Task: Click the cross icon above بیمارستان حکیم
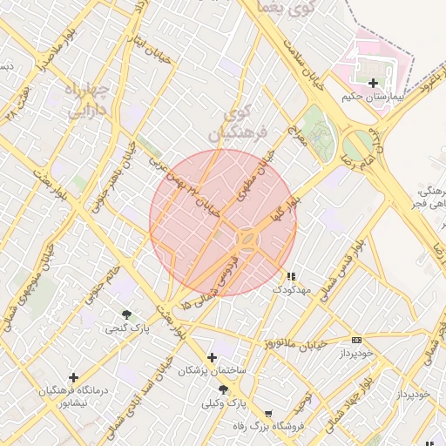374,84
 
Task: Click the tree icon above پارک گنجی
127,314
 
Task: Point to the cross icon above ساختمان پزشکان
212,357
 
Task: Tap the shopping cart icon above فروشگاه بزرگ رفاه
267,414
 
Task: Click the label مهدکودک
292,288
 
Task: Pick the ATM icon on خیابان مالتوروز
355,340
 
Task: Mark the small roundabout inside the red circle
247,238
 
